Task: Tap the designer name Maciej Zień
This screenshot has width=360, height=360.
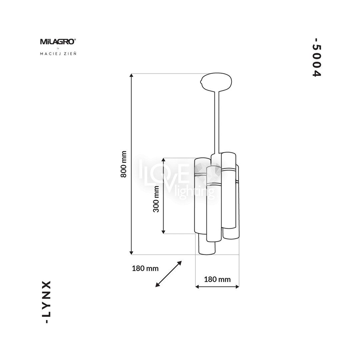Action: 58,54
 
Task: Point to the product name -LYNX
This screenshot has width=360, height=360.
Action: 47,302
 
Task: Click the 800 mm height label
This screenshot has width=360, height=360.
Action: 124,164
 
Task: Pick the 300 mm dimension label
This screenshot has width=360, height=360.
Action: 156,199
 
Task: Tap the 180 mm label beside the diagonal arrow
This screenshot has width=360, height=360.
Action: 145,268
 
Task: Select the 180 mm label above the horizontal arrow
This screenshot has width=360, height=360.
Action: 217,279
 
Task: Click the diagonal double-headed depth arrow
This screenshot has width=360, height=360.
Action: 169,274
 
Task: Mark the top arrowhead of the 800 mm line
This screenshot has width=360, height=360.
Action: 132,75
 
